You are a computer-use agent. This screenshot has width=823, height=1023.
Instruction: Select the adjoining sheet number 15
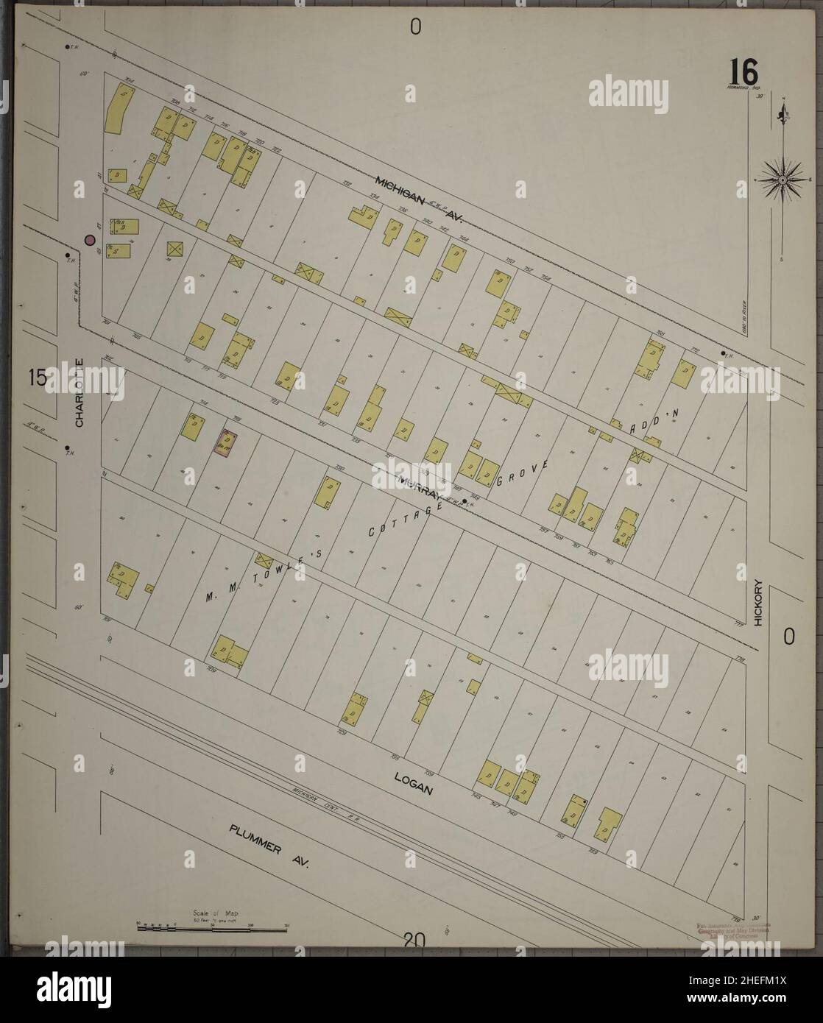click(x=37, y=378)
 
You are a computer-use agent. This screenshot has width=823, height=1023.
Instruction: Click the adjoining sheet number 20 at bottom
click(x=414, y=940)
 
